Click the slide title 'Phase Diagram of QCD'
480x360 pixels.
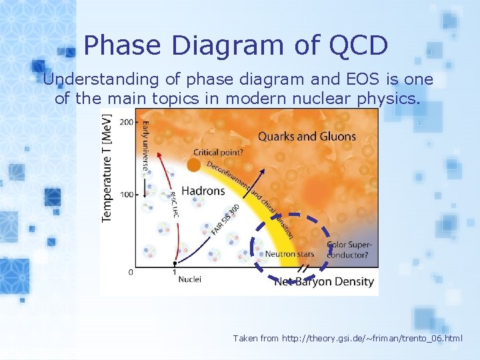[x=236, y=45]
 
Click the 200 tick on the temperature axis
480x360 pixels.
[x=125, y=123]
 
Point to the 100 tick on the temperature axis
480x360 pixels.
[x=125, y=195]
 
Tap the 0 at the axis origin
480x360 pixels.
[x=130, y=272]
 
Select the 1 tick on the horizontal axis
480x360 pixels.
[x=175, y=272]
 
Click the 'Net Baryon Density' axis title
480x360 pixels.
[x=324, y=281]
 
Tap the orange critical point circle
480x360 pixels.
[x=194, y=165]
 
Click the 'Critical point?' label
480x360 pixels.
[x=219, y=152]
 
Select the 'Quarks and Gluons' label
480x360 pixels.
[x=307, y=137]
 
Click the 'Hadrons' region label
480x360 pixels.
[x=203, y=191]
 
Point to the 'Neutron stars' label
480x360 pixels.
[x=289, y=254]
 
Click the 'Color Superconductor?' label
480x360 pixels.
[x=349, y=249]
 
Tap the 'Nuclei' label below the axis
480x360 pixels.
[x=189, y=279]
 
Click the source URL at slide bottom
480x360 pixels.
[x=347, y=339]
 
